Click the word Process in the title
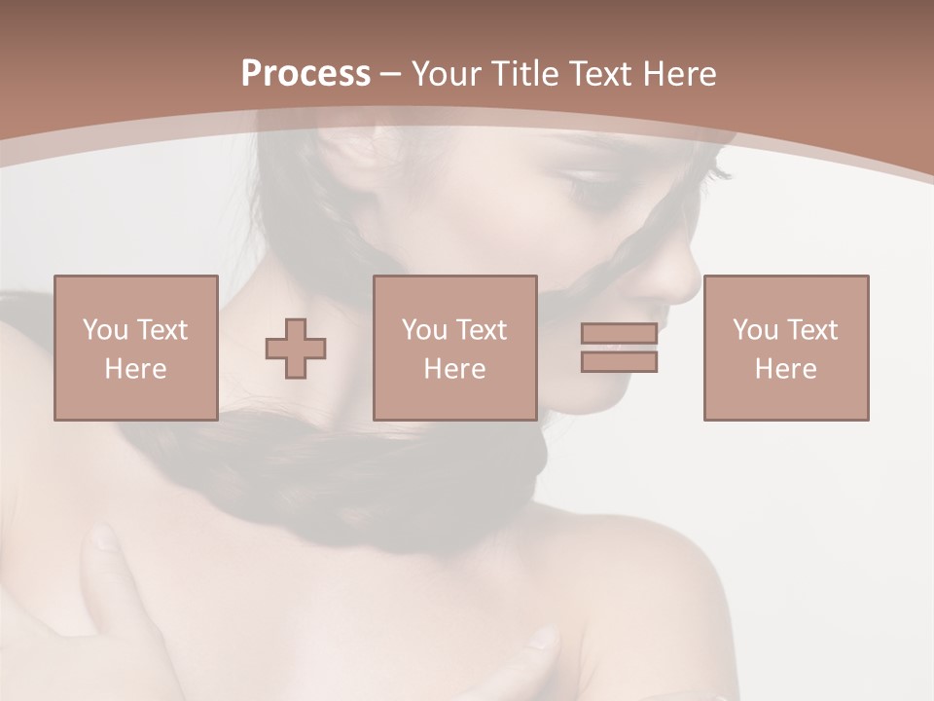tap(305, 74)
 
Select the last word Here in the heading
tap(677, 74)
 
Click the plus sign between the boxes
tap(296, 349)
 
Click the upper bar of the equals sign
tap(619, 333)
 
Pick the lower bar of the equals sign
tap(619, 361)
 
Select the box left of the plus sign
tap(135, 348)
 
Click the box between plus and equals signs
tap(454, 348)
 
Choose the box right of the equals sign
tap(785, 348)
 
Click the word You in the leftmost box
tap(105, 329)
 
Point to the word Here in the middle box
tap(454, 368)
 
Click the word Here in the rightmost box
tap(785, 368)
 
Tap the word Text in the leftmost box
tap(162, 329)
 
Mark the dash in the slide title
tap(390, 75)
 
